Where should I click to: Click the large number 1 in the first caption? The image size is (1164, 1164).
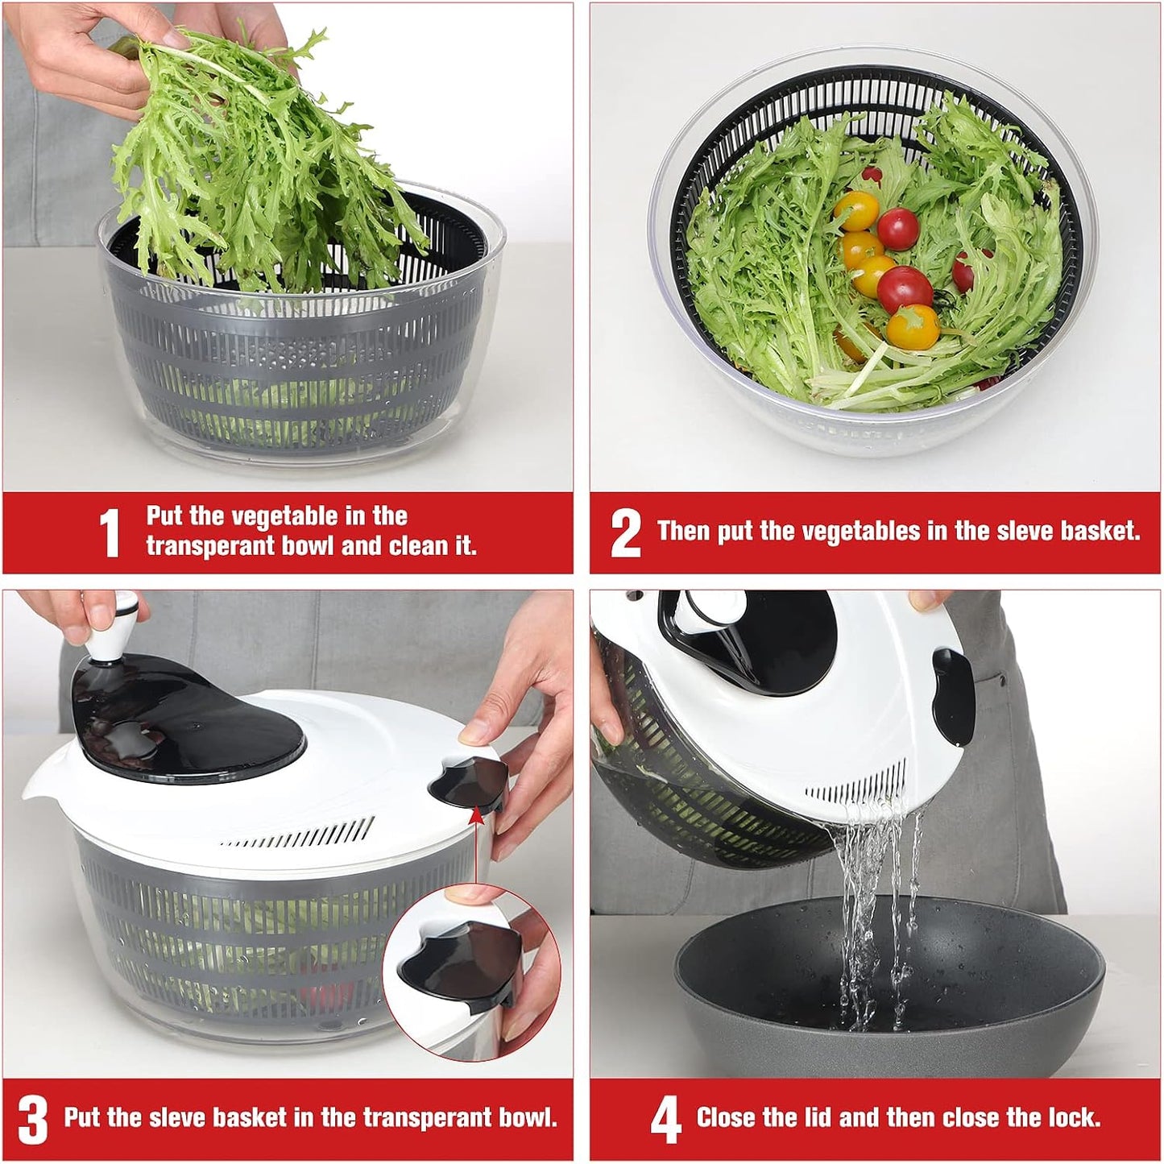tap(110, 532)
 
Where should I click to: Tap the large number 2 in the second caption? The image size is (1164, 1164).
tap(625, 532)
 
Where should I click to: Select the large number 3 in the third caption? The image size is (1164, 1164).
tap(33, 1119)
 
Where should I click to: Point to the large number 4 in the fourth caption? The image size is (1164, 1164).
tap(665, 1119)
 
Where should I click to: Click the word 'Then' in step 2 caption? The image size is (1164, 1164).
tap(684, 531)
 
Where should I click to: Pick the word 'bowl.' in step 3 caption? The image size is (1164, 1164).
tap(528, 1117)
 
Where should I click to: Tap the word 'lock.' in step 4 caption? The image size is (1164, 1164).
tap(1074, 1117)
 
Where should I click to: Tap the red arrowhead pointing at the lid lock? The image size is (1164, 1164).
tap(476, 815)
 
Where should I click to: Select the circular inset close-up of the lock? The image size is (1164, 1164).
tap(471, 971)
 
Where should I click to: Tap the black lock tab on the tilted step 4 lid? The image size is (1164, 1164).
tap(953, 697)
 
